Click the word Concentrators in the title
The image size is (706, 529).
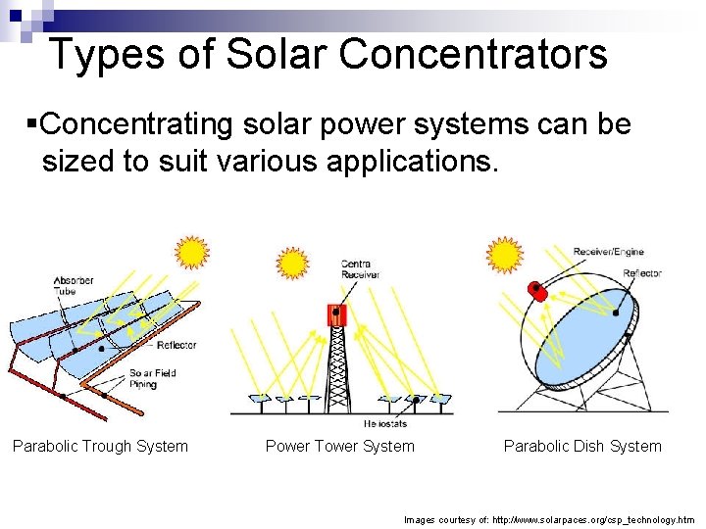[474, 55]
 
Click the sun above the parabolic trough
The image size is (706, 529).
[191, 253]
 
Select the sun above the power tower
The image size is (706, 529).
[292, 264]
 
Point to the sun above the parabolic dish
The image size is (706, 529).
[506, 255]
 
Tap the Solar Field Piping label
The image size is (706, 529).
[153, 378]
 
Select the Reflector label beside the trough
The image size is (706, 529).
[176, 345]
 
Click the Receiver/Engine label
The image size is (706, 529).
[609, 252]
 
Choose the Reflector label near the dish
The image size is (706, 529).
[642, 273]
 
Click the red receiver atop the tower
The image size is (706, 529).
[336, 314]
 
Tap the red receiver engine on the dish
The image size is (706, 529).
[535, 291]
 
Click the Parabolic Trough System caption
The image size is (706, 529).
[100, 447]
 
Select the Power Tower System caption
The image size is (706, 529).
[340, 447]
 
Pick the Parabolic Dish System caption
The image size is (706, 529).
[582, 447]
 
